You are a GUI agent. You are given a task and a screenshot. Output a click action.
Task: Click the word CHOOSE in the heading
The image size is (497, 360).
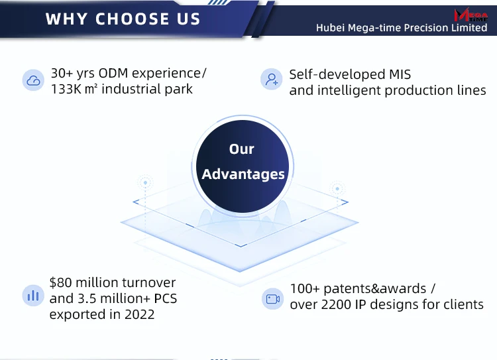132,19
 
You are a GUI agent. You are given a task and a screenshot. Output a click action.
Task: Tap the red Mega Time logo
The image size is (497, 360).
470,15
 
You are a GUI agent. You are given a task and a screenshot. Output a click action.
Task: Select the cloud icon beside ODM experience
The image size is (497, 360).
33,80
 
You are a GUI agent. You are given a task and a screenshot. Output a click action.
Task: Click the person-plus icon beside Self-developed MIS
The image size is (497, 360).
271,79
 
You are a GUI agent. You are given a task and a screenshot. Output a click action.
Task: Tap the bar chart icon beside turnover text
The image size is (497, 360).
33,296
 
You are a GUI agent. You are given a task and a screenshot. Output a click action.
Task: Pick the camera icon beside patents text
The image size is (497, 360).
272,299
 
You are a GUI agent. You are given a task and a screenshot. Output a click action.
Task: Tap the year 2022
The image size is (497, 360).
139,314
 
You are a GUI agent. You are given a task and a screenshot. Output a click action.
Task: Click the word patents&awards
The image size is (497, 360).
374,289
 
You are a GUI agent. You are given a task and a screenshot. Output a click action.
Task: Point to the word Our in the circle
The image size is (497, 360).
241,149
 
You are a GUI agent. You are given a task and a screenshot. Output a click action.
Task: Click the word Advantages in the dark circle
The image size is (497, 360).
243,174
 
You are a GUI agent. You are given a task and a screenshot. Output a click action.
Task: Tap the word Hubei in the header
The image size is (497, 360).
330,28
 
